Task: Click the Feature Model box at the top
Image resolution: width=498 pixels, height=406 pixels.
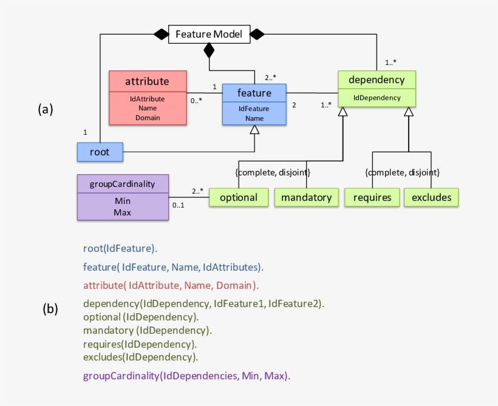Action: pyautogui.click(x=209, y=34)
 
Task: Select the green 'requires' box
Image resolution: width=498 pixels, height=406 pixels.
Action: pyautogui.click(x=372, y=197)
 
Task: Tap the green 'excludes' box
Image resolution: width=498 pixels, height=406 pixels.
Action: pyautogui.click(x=431, y=197)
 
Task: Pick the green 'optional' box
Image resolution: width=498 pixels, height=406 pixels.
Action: pyautogui.click(x=239, y=197)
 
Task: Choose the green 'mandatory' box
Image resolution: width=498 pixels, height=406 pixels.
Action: pyautogui.click(x=306, y=197)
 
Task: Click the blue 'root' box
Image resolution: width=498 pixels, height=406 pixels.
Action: pyautogui.click(x=100, y=152)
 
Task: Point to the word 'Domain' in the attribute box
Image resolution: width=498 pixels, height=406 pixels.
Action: pyautogui.click(x=147, y=118)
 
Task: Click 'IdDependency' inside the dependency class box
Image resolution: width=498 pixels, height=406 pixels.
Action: pyautogui.click(x=377, y=98)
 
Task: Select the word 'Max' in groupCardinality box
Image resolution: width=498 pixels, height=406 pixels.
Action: pyautogui.click(x=123, y=212)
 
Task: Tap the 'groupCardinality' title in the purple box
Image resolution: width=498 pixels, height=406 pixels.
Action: pyautogui.click(x=123, y=184)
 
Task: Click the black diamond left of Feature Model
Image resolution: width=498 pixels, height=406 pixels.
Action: pyautogui.click(x=160, y=35)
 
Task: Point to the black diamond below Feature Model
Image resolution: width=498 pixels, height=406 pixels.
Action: pyautogui.click(x=210, y=50)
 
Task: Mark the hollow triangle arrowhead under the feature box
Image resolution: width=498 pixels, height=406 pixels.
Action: pyautogui.click(x=254, y=130)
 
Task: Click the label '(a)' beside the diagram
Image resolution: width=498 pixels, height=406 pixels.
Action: pyautogui.click(x=46, y=109)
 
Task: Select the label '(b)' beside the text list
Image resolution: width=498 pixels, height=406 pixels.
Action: pyautogui.click(x=50, y=308)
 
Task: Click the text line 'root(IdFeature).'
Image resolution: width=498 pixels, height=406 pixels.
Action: pyautogui.click(x=120, y=248)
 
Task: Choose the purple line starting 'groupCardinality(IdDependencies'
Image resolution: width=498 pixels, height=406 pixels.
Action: pyautogui.click(x=186, y=376)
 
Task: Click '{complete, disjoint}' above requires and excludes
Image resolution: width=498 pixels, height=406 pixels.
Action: pyautogui.click(x=402, y=173)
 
